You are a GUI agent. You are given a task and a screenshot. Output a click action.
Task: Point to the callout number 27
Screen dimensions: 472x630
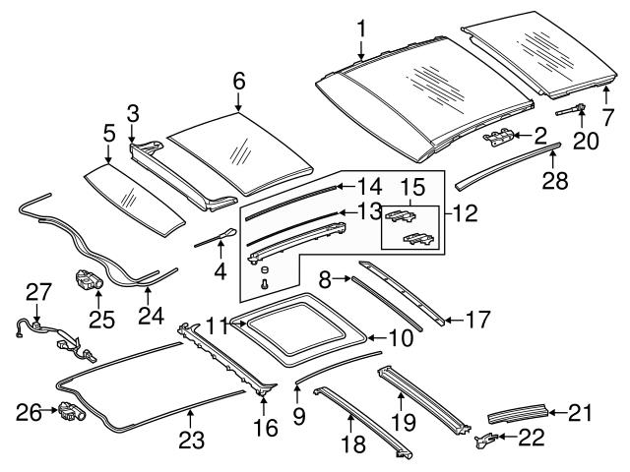[37, 292]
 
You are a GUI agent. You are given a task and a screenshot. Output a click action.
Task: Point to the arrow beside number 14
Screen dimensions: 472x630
[334, 185]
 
